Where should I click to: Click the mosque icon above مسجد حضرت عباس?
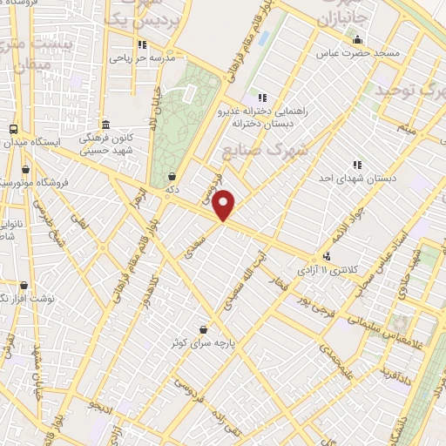(x=356, y=39)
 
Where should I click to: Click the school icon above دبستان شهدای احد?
(x=358, y=164)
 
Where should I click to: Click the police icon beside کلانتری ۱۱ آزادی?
(x=326, y=257)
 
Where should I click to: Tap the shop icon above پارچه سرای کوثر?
(x=204, y=329)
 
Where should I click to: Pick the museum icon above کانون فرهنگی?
(x=105, y=124)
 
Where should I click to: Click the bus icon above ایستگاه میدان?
(x=12, y=128)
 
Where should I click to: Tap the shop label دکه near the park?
(x=172, y=187)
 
